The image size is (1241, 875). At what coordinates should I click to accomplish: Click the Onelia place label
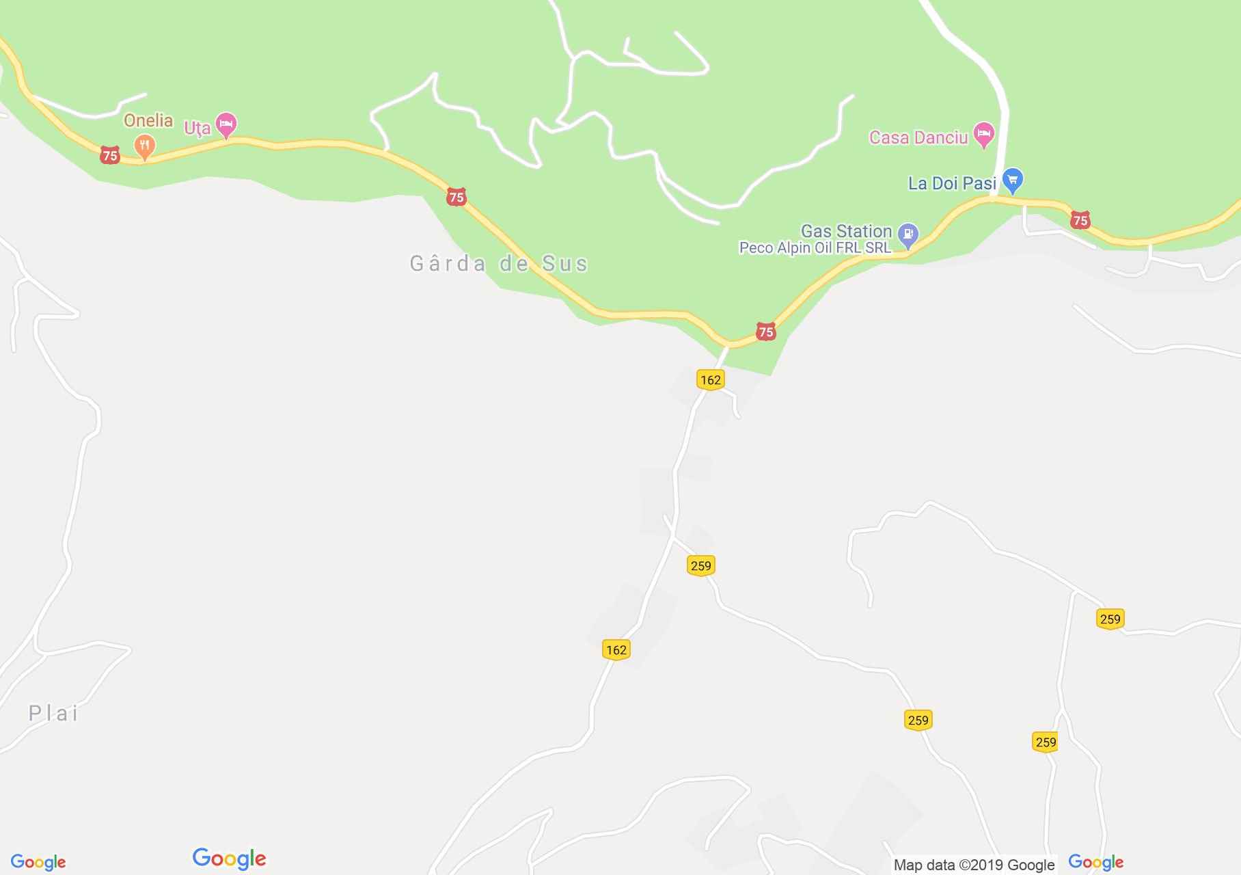pos(148,121)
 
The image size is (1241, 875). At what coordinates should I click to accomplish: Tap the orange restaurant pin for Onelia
pos(144,146)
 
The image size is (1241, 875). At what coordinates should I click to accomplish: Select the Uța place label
pos(197,128)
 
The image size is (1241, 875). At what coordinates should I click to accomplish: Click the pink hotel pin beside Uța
pos(226,124)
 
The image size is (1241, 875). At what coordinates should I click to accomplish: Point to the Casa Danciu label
pos(918,137)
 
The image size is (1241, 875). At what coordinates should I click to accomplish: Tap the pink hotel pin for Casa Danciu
pos(983,133)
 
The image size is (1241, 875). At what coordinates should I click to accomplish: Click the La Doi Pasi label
pos(951,183)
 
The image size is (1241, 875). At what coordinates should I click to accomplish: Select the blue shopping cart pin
pos(1013,180)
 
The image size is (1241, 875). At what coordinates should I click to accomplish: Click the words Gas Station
pos(846,231)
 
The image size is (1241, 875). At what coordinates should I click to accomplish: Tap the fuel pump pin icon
pos(908,234)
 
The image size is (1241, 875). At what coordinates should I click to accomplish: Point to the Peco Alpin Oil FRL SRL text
pos(815,247)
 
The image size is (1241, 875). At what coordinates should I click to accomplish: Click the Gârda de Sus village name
pos(498,264)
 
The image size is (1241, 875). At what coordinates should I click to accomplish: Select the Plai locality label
pos(53,714)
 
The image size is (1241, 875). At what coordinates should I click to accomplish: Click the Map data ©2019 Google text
pos(974,865)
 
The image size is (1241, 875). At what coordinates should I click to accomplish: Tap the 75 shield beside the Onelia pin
pos(109,155)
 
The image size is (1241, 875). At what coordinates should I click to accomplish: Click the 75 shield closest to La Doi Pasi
pos(1080,220)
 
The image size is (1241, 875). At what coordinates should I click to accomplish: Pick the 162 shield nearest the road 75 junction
pos(710,380)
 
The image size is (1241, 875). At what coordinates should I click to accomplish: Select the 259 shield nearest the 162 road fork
pos(700,565)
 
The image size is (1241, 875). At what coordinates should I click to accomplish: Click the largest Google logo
pos(229,859)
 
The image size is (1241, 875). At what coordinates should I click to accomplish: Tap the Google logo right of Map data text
pos(1095,862)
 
